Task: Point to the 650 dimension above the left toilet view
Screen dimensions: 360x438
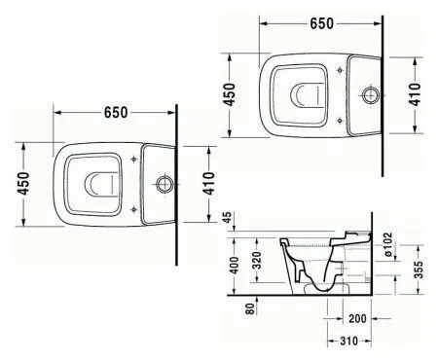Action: [x=116, y=112]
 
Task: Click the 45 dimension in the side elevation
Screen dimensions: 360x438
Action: [x=230, y=220]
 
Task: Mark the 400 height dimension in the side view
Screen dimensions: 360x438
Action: [x=231, y=263]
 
